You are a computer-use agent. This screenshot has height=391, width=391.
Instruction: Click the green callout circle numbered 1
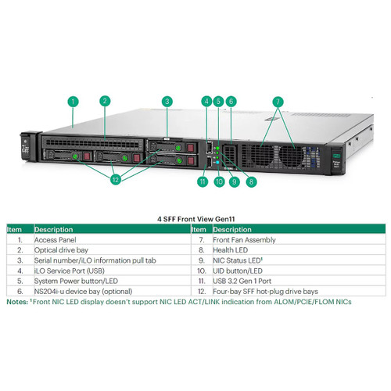[x=73, y=102]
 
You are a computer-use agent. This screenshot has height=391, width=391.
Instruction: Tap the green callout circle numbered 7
[x=278, y=102]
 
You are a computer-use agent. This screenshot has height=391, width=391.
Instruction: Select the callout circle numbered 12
[x=116, y=179]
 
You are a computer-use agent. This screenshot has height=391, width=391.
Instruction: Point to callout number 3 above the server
[x=167, y=102]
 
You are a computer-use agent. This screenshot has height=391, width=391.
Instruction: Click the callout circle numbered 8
[x=251, y=181]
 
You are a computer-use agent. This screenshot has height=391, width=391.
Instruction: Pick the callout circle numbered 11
[x=203, y=181]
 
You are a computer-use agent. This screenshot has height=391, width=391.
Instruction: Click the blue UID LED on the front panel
[x=217, y=163]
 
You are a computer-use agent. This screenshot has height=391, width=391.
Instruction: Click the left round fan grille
[x=262, y=155]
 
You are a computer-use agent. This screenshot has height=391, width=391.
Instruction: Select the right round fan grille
[x=292, y=156]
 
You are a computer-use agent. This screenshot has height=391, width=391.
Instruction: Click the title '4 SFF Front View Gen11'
[x=195, y=219]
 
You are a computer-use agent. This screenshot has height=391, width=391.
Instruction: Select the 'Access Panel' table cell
[x=56, y=240]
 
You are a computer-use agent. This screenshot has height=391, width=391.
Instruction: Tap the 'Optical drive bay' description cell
[x=61, y=250]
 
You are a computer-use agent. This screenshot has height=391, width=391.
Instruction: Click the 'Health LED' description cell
[x=231, y=250]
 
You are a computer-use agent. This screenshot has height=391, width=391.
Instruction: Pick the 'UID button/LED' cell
[x=238, y=271]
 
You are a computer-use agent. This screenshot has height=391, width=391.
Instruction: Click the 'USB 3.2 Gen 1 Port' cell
[x=242, y=282]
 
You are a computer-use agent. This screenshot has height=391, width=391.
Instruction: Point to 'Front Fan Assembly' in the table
[x=244, y=240]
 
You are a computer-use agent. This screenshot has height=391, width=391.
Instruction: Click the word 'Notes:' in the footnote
[x=17, y=302]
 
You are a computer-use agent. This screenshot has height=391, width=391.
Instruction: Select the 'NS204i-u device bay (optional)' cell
[x=83, y=292]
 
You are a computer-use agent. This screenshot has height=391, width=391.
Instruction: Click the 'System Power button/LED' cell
[x=76, y=282]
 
